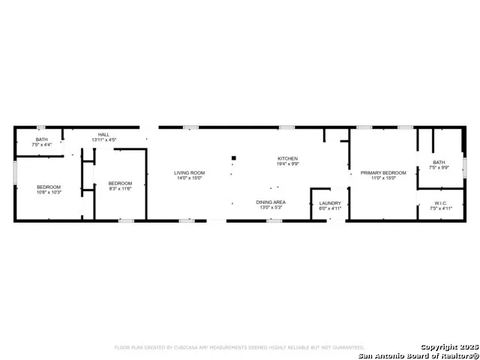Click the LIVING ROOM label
(190, 172)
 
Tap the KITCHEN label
(288, 158)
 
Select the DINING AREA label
(271, 202)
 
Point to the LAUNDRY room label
(330, 202)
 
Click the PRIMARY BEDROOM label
(383, 172)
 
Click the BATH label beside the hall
(41, 139)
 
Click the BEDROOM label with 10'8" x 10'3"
(49, 187)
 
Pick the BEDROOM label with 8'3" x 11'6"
(120, 184)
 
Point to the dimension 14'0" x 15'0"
(190, 178)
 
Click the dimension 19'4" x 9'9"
(288, 164)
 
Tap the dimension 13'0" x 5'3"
(271, 208)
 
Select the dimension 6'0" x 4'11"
(330, 208)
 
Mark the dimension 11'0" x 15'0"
(383, 178)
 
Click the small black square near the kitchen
(233, 157)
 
